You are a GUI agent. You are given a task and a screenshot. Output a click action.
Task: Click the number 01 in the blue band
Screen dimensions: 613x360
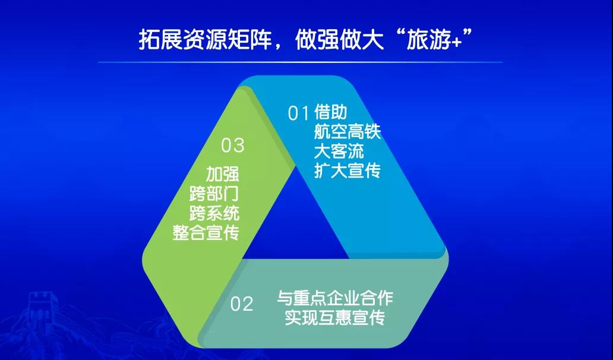299,113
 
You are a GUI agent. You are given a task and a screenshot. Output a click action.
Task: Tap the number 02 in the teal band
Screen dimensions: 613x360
242,304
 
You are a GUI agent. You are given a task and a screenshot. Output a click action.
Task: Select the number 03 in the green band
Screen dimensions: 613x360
233,146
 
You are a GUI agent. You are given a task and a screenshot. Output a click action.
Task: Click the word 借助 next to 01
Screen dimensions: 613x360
330,112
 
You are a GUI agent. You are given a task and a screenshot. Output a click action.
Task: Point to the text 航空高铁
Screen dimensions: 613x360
347,132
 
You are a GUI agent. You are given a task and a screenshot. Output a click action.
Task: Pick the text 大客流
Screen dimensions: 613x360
339,151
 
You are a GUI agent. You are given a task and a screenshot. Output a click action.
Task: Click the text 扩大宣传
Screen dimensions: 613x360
347,170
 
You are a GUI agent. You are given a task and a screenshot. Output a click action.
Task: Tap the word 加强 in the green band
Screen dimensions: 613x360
222,174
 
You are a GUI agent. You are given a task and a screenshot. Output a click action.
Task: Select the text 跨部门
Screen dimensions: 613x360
214,194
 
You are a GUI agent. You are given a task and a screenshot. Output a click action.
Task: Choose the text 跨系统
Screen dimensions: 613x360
214,213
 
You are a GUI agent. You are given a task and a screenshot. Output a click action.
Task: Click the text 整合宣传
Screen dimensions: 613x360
206,233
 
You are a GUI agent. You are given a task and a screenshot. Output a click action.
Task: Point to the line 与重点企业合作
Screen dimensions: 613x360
335,298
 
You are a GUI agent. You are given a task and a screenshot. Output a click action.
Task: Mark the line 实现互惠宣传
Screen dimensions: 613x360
335,317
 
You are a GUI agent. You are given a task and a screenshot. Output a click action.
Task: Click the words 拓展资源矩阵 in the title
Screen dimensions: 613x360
206,40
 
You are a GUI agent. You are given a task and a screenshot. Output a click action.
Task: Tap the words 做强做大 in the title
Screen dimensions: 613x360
339,40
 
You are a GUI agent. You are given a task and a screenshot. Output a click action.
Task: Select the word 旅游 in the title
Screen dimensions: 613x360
429,40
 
